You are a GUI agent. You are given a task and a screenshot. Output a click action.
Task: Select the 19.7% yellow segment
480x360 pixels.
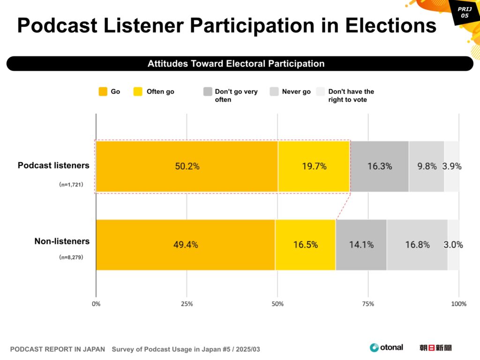[x=314, y=166]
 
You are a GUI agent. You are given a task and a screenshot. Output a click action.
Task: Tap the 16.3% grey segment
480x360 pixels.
[x=379, y=166]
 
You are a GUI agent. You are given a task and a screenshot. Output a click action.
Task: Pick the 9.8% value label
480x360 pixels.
[x=427, y=166]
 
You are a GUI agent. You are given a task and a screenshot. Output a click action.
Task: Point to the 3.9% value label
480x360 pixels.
[x=452, y=166]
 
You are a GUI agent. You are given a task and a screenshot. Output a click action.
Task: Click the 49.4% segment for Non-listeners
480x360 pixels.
[x=186, y=245]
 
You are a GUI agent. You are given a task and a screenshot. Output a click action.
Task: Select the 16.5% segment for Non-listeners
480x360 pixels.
[x=305, y=245]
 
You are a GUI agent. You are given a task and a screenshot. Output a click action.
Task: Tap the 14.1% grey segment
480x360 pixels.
[x=361, y=245]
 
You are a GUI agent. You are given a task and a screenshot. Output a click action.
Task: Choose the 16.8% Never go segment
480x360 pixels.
[x=417, y=245]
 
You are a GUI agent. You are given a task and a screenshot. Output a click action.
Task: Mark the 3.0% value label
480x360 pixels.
[x=453, y=245]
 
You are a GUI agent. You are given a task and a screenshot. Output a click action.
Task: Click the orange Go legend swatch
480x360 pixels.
[x=103, y=92]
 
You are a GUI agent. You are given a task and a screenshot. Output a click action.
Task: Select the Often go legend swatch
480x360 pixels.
[x=138, y=92]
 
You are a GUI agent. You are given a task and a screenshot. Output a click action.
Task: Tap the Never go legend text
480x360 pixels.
[x=296, y=92]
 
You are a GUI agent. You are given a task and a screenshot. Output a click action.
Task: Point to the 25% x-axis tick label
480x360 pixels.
[x=187, y=304]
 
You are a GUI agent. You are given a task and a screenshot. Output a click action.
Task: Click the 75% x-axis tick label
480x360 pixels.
[x=368, y=304]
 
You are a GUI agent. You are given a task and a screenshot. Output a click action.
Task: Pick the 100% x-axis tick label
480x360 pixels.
[x=458, y=304]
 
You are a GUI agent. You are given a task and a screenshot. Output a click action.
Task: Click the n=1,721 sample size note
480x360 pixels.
[x=71, y=185]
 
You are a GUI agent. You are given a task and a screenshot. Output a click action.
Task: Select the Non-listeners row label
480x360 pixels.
[x=62, y=241]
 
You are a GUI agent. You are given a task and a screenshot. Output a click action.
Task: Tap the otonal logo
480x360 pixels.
[x=386, y=347]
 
